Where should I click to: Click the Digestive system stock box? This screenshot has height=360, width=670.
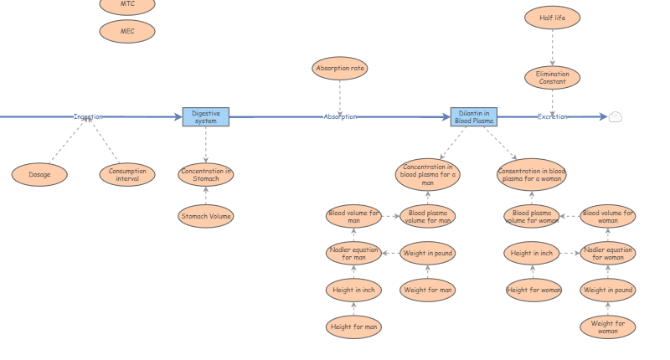coord(205,117)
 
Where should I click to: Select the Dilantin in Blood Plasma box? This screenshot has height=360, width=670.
coord(474,117)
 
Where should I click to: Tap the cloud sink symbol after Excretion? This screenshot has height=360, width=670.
coord(615,117)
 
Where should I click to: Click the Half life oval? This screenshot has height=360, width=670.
coord(552,18)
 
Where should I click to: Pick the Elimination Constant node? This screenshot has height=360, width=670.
coord(552,78)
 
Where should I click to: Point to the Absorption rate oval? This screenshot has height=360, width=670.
coord(340,69)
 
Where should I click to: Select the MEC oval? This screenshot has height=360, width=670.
coord(127,32)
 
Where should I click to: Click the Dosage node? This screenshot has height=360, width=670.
coord(39,175)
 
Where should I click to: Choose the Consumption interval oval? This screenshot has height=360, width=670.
coord(127,175)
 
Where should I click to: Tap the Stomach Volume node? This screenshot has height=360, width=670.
coord(205,216)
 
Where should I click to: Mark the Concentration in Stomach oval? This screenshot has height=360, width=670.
coord(205,175)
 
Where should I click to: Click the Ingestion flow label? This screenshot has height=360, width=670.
coord(88,117)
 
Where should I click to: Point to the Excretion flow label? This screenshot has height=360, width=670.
coord(552,117)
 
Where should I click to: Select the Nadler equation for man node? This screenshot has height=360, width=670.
coord(353,253)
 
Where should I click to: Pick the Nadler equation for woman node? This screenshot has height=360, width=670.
coord(608,253)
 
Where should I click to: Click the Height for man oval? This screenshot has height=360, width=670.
coord(353,327)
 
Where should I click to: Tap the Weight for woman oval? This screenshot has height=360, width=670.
coord(608,327)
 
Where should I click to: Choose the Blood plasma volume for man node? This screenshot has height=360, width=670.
coord(427,216)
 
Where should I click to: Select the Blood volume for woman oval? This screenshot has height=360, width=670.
coord(608,216)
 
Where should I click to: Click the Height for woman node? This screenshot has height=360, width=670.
coord(533,290)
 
